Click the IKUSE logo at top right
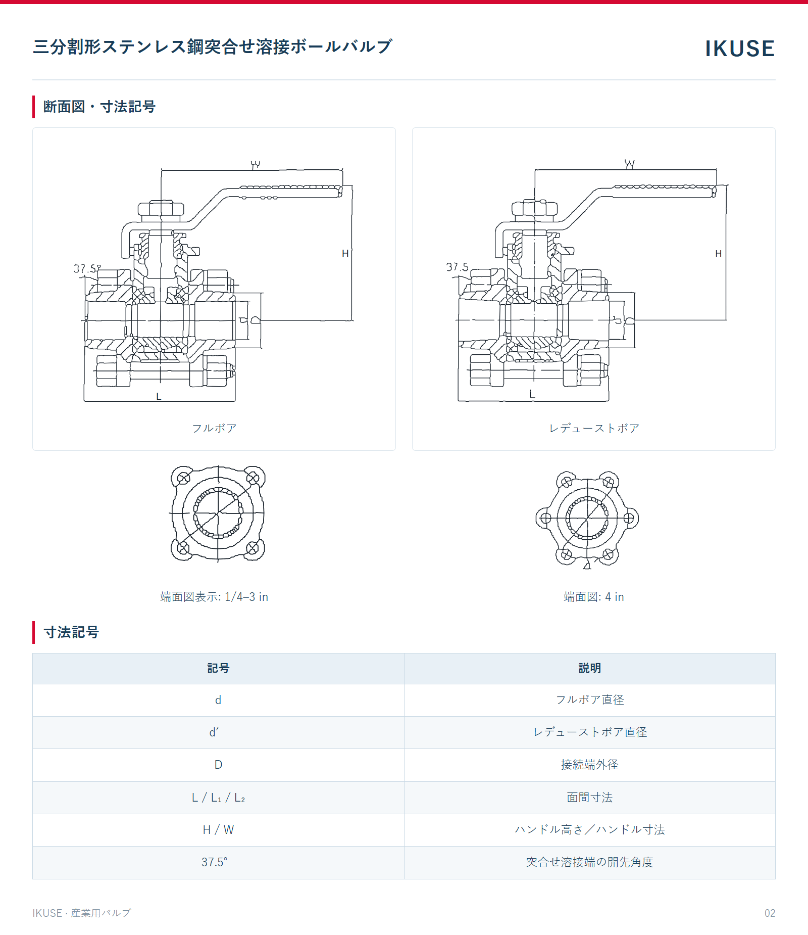pos(739,49)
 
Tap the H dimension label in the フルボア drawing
pos(345,253)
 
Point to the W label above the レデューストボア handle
pos(629,164)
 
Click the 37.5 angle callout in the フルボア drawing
pos(87,268)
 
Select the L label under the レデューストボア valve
pos(532,394)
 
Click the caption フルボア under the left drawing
pos(214,428)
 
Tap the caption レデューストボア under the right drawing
pos(594,428)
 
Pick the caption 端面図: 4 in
pos(594,597)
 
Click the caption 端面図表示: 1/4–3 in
pos(214,597)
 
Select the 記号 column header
pos(218,668)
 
